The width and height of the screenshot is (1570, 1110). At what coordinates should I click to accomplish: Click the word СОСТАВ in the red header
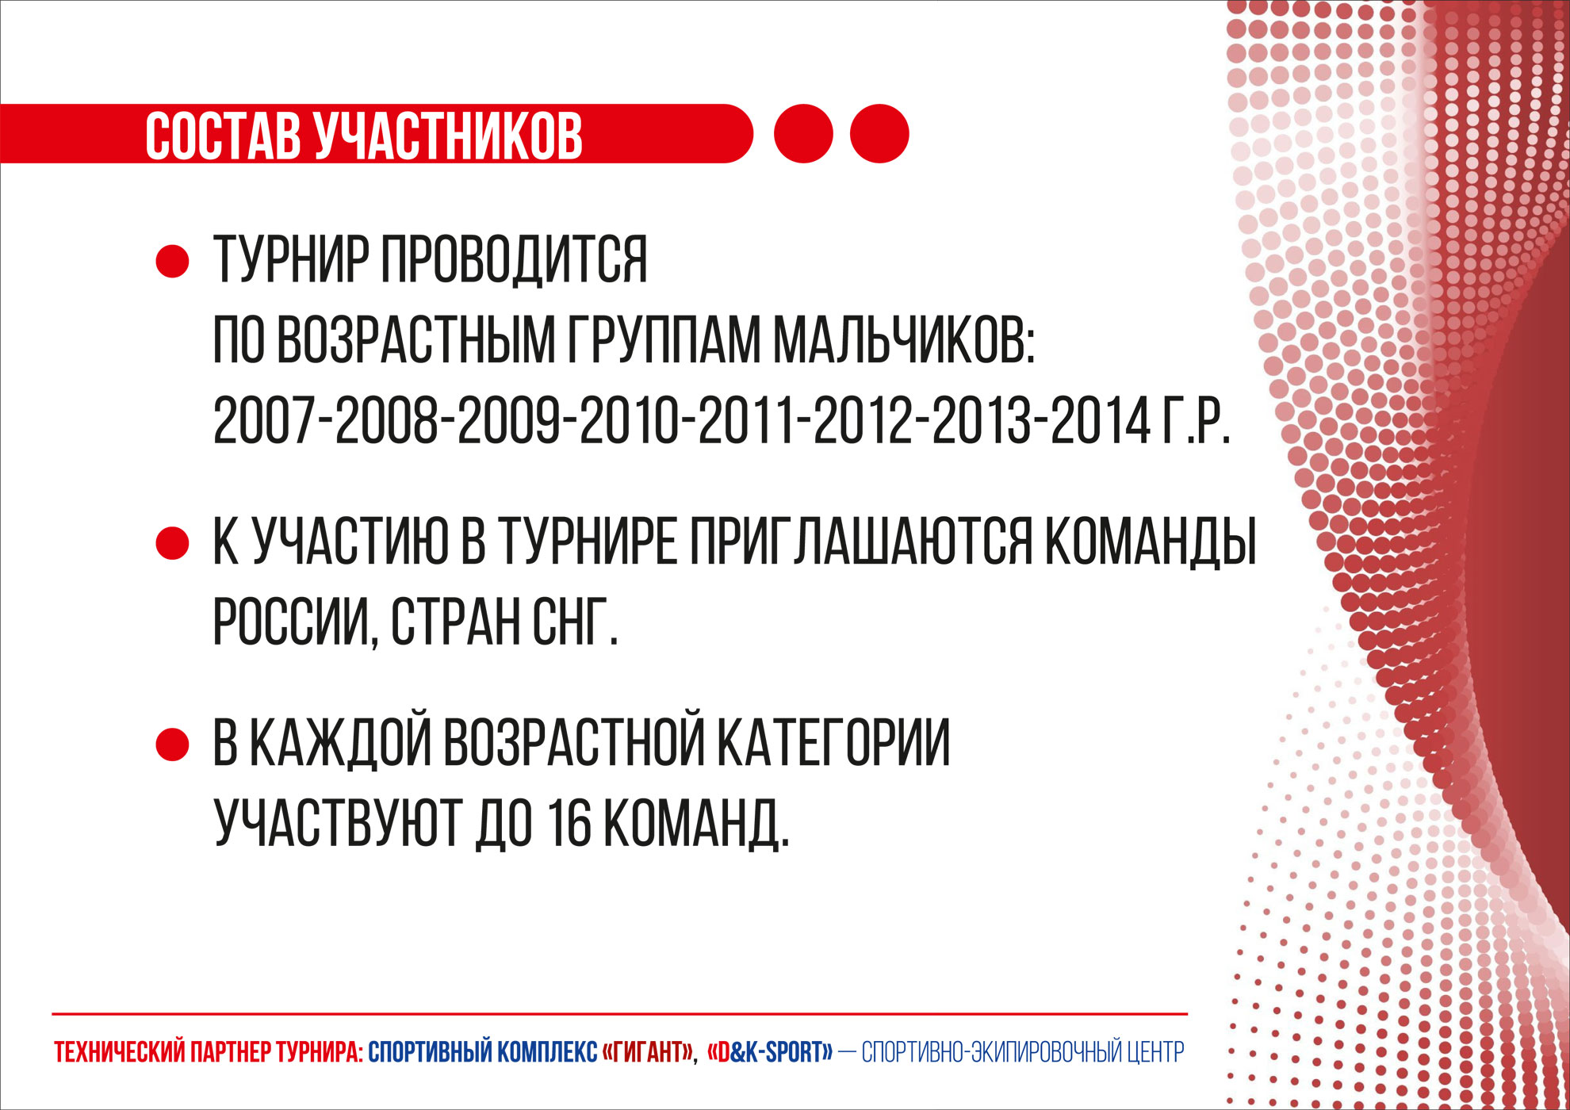pyautogui.click(x=223, y=136)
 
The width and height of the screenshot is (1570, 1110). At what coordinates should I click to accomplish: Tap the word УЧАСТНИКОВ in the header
pyautogui.click(x=449, y=136)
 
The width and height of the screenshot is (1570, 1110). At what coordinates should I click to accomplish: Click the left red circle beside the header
pyautogui.click(x=803, y=133)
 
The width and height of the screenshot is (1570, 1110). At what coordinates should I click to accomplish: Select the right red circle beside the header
pyautogui.click(x=879, y=133)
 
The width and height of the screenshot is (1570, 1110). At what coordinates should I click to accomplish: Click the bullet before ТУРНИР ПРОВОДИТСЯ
pyautogui.click(x=172, y=261)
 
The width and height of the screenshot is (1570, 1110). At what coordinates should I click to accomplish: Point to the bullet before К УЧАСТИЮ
pyautogui.click(x=172, y=544)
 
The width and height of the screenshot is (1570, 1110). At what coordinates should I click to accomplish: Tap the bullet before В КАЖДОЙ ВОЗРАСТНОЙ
pyautogui.click(x=172, y=745)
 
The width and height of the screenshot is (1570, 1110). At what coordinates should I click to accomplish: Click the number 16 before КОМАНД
pyautogui.click(x=569, y=824)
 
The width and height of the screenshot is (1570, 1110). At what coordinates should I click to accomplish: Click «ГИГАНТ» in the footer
pyautogui.click(x=647, y=1052)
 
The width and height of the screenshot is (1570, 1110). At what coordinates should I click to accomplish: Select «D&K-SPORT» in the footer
pyautogui.click(x=769, y=1052)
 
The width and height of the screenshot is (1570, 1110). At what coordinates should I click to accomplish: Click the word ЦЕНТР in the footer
pyautogui.click(x=1155, y=1052)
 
